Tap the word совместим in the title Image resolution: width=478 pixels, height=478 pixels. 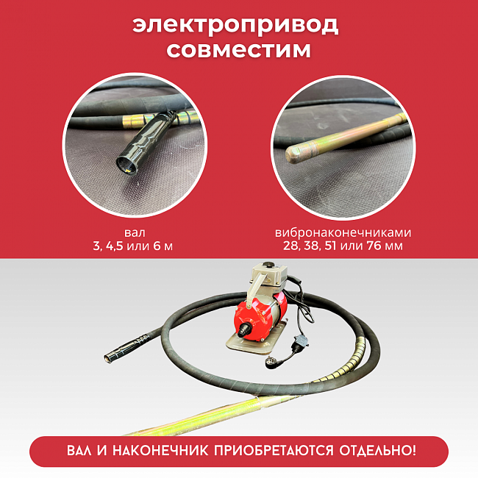coord(238,50)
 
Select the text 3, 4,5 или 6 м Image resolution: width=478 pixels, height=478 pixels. coord(130,246)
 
